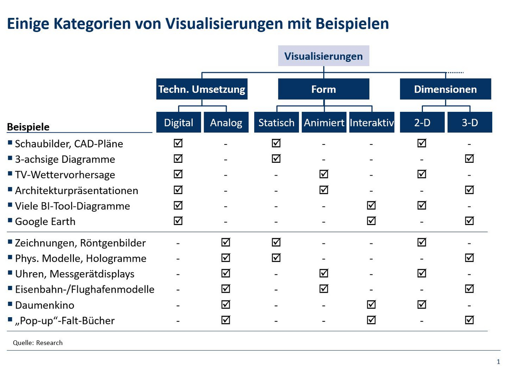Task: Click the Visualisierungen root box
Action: tap(323, 56)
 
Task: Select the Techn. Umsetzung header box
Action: tap(202, 89)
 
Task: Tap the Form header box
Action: tap(323, 89)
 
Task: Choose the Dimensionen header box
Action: tap(445, 89)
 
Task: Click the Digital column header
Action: tap(178, 123)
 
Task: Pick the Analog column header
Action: tap(226, 123)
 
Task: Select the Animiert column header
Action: tap(324, 123)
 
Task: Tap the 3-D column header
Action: tap(470, 123)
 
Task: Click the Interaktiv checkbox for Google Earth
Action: tap(371, 221)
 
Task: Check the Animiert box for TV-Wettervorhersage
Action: tap(324, 174)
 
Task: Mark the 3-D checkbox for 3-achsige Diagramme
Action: tap(470, 159)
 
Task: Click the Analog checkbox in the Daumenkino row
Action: tap(226, 305)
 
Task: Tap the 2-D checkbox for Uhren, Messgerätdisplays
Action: tap(422, 273)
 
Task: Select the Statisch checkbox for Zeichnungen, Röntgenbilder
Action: tap(276, 243)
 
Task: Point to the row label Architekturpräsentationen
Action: tap(76, 190)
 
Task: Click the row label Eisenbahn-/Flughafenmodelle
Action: tap(84, 289)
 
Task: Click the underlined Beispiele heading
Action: tap(28, 127)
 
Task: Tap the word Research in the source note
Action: tap(49, 342)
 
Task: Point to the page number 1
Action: tap(498, 362)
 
